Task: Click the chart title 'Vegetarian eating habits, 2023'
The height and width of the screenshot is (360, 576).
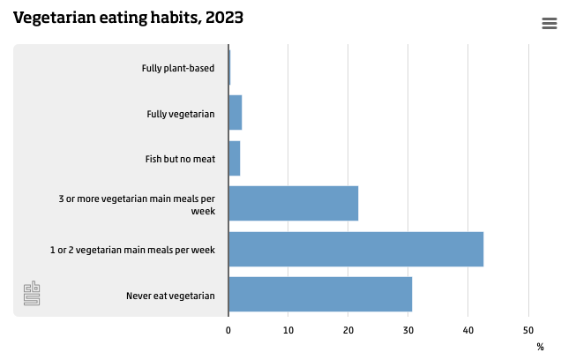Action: (x=128, y=18)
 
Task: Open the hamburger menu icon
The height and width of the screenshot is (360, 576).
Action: (x=549, y=24)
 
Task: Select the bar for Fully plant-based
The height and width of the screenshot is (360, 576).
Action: (x=229, y=68)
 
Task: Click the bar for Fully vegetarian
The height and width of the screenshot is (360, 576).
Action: (x=235, y=113)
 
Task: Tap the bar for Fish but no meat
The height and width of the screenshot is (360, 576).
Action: (x=234, y=159)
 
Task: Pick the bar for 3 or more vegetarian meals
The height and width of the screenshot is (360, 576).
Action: (x=293, y=204)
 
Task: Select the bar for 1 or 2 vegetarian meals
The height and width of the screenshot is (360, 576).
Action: (x=355, y=250)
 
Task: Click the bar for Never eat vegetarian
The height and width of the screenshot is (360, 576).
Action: (x=320, y=295)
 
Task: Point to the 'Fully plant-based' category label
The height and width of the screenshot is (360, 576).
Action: (x=178, y=68)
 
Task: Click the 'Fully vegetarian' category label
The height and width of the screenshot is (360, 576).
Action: (x=180, y=114)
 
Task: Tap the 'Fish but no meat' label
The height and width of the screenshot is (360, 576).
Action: (x=180, y=159)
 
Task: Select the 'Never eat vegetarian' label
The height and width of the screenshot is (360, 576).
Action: (x=170, y=296)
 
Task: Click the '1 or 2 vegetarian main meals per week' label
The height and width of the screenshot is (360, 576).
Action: (x=132, y=250)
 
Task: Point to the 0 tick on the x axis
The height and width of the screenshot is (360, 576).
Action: (x=228, y=330)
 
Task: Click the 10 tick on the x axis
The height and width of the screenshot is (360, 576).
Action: (x=288, y=330)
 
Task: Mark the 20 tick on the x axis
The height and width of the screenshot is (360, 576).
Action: (x=348, y=330)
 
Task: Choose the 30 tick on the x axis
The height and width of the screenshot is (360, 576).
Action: (x=408, y=330)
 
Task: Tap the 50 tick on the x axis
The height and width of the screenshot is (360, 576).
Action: (x=528, y=330)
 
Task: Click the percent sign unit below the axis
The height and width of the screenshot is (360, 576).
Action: (x=540, y=347)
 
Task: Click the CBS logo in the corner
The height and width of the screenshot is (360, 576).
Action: (x=32, y=294)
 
